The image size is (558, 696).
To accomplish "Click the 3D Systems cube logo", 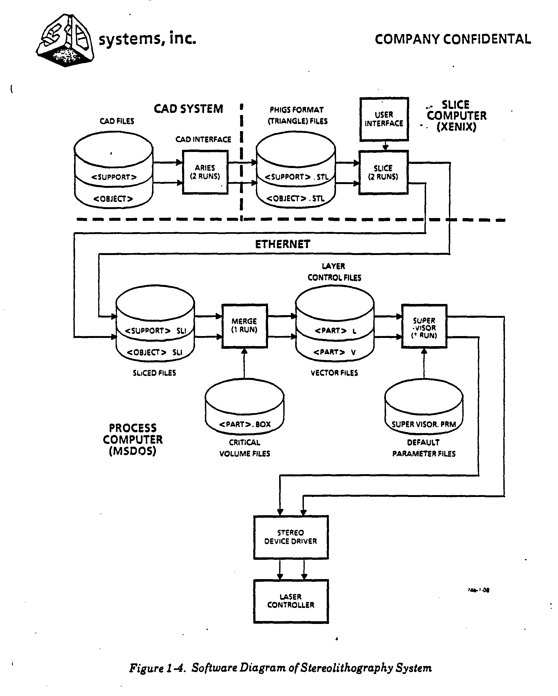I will [x=66, y=40].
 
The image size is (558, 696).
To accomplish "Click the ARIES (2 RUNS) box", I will [x=205, y=172].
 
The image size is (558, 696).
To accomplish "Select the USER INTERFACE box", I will [x=384, y=119].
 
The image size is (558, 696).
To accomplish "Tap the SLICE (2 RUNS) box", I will [x=384, y=172].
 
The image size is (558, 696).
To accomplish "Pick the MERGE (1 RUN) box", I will [x=245, y=326].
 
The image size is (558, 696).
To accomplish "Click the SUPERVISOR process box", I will [x=424, y=326].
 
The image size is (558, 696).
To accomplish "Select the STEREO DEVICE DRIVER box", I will [x=291, y=537].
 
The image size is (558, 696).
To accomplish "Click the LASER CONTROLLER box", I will [x=291, y=601].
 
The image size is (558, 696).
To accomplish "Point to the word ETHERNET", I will [x=283, y=244].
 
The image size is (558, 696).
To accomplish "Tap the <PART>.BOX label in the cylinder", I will [x=245, y=424].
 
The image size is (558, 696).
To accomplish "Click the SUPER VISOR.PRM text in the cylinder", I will [x=424, y=424].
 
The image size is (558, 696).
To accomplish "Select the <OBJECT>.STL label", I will [x=295, y=198].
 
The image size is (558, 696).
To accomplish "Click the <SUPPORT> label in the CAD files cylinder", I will [x=114, y=177].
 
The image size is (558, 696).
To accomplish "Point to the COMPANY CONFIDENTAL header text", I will [x=453, y=39].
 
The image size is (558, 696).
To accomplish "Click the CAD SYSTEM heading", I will [x=188, y=109].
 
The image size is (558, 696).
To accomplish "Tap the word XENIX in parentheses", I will [x=457, y=126].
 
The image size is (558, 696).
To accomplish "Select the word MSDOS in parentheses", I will [x=132, y=451].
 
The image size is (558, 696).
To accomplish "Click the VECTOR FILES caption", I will [x=334, y=373].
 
